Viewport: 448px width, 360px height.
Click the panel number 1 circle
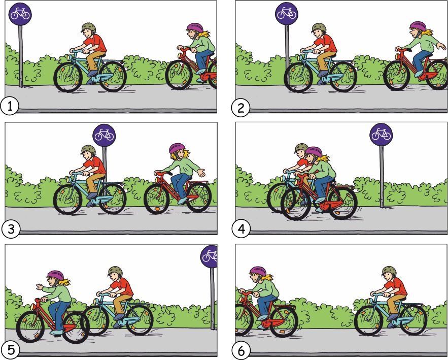pos(10,106)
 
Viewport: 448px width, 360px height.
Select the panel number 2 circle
pos(240,108)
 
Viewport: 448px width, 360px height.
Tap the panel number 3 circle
pos(11,228)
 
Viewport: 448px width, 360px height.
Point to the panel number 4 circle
pos(241,228)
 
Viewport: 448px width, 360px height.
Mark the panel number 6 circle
pos(241,350)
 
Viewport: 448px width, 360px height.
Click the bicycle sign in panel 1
pos(20,14)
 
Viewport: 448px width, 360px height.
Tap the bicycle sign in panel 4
pos(381,135)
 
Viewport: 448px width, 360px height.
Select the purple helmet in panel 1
pos(195,28)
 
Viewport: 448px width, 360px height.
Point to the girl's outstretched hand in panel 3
pos(202,173)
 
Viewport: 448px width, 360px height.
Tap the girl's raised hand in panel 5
pos(40,286)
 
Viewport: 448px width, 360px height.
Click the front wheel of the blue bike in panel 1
pos(68,77)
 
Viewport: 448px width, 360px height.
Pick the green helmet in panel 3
pos(88,150)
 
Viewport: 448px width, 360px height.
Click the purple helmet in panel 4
pos(314,152)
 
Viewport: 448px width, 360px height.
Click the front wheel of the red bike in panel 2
pos(397,76)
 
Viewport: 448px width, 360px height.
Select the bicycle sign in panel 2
pos(287,14)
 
